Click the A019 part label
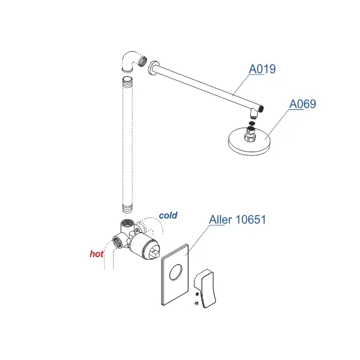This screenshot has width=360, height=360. point(262,69)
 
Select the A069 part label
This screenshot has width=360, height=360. point(303,104)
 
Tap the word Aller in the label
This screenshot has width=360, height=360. point(220,220)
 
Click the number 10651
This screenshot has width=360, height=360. point(251,220)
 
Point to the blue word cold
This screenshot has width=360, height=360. point(168,215)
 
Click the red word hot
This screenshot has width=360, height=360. point(97,254)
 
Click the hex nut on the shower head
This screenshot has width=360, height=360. point(250,138)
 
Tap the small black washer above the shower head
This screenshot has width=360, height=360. point(252,123)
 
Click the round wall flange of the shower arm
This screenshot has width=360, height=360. point(152,68)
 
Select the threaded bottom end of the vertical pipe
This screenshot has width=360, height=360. point(128,208)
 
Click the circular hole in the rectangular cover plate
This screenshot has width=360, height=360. point(176,272)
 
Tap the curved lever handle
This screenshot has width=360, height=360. point(205,289)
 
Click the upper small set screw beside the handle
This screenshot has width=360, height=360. point(197,294)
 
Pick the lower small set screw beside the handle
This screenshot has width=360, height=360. point(196,303)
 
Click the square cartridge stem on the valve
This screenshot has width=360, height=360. point(154,253)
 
